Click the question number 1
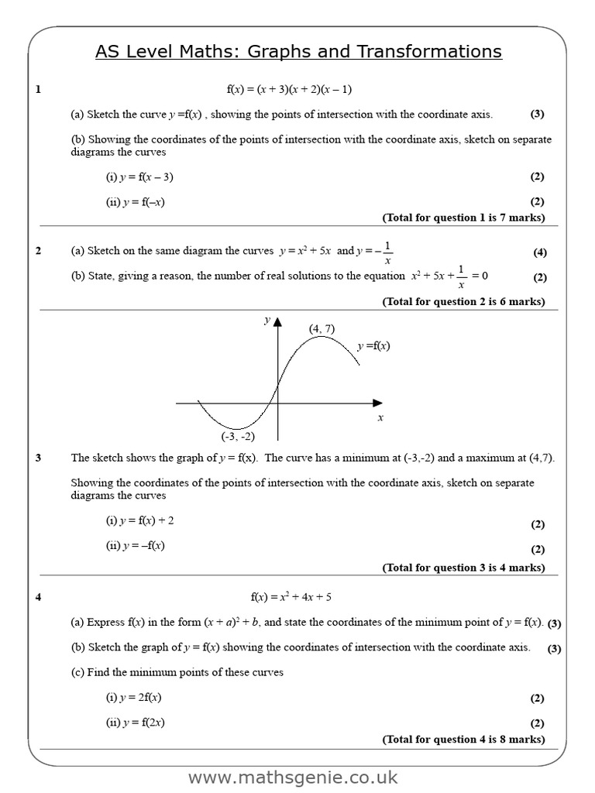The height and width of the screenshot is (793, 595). pos(38,90)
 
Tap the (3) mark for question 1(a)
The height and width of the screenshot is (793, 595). pos(537,114)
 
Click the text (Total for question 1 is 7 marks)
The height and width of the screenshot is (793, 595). pos(463,218)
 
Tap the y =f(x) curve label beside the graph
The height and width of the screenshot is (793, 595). pos(373,346)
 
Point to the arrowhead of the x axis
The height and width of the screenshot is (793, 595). pos(377,403)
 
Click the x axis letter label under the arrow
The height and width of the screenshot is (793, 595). pos(380,418)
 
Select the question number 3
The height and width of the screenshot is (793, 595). pos(38,458)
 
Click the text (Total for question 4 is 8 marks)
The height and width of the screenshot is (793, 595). pos(463,739)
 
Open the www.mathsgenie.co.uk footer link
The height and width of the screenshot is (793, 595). pos(293,777)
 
